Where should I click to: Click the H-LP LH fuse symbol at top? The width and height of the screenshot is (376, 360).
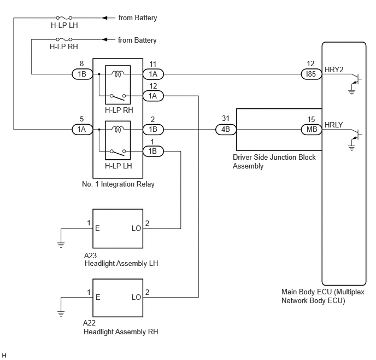click(x=64, y=18)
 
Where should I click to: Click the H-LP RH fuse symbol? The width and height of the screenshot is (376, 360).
click(x=64, y=39)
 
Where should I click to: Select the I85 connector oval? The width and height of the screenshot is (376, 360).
click(x=312, y=74)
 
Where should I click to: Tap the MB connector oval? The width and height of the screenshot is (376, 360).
click(x=312, y=130)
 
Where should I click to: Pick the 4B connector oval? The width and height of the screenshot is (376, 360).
click(x=226, y=130)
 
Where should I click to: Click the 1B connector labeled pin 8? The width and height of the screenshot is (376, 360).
click(x=82, y=74)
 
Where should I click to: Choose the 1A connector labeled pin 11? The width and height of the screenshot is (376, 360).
click(x=153, y=74)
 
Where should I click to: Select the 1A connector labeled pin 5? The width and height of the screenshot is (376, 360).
click(x=82, y=130)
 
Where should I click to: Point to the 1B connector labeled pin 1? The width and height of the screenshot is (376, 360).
click(x=153, y=151)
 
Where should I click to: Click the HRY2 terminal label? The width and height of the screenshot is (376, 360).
click(x=334, y=69)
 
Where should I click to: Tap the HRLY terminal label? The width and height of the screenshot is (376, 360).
click(x=334, y=125)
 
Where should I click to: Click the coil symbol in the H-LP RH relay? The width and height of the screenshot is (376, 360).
click(x=117, y=74)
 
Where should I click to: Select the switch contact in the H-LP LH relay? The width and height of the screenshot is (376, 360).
click(x=117, y=152)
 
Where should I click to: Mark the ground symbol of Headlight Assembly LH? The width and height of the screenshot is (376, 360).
click(x=61, y=245)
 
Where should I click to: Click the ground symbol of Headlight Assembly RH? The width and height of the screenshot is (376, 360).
click(x=61, y=313)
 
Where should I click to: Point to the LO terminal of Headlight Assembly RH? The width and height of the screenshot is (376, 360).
click(x=136, y=298)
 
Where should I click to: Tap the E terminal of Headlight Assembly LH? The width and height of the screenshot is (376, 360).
click(x=97, y=228)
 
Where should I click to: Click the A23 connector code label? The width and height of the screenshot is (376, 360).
click(x=90, y=256)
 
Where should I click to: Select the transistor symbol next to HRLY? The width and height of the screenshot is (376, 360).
click(x=356, y=135)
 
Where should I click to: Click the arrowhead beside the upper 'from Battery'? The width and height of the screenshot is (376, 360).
click(x=104, y=18)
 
